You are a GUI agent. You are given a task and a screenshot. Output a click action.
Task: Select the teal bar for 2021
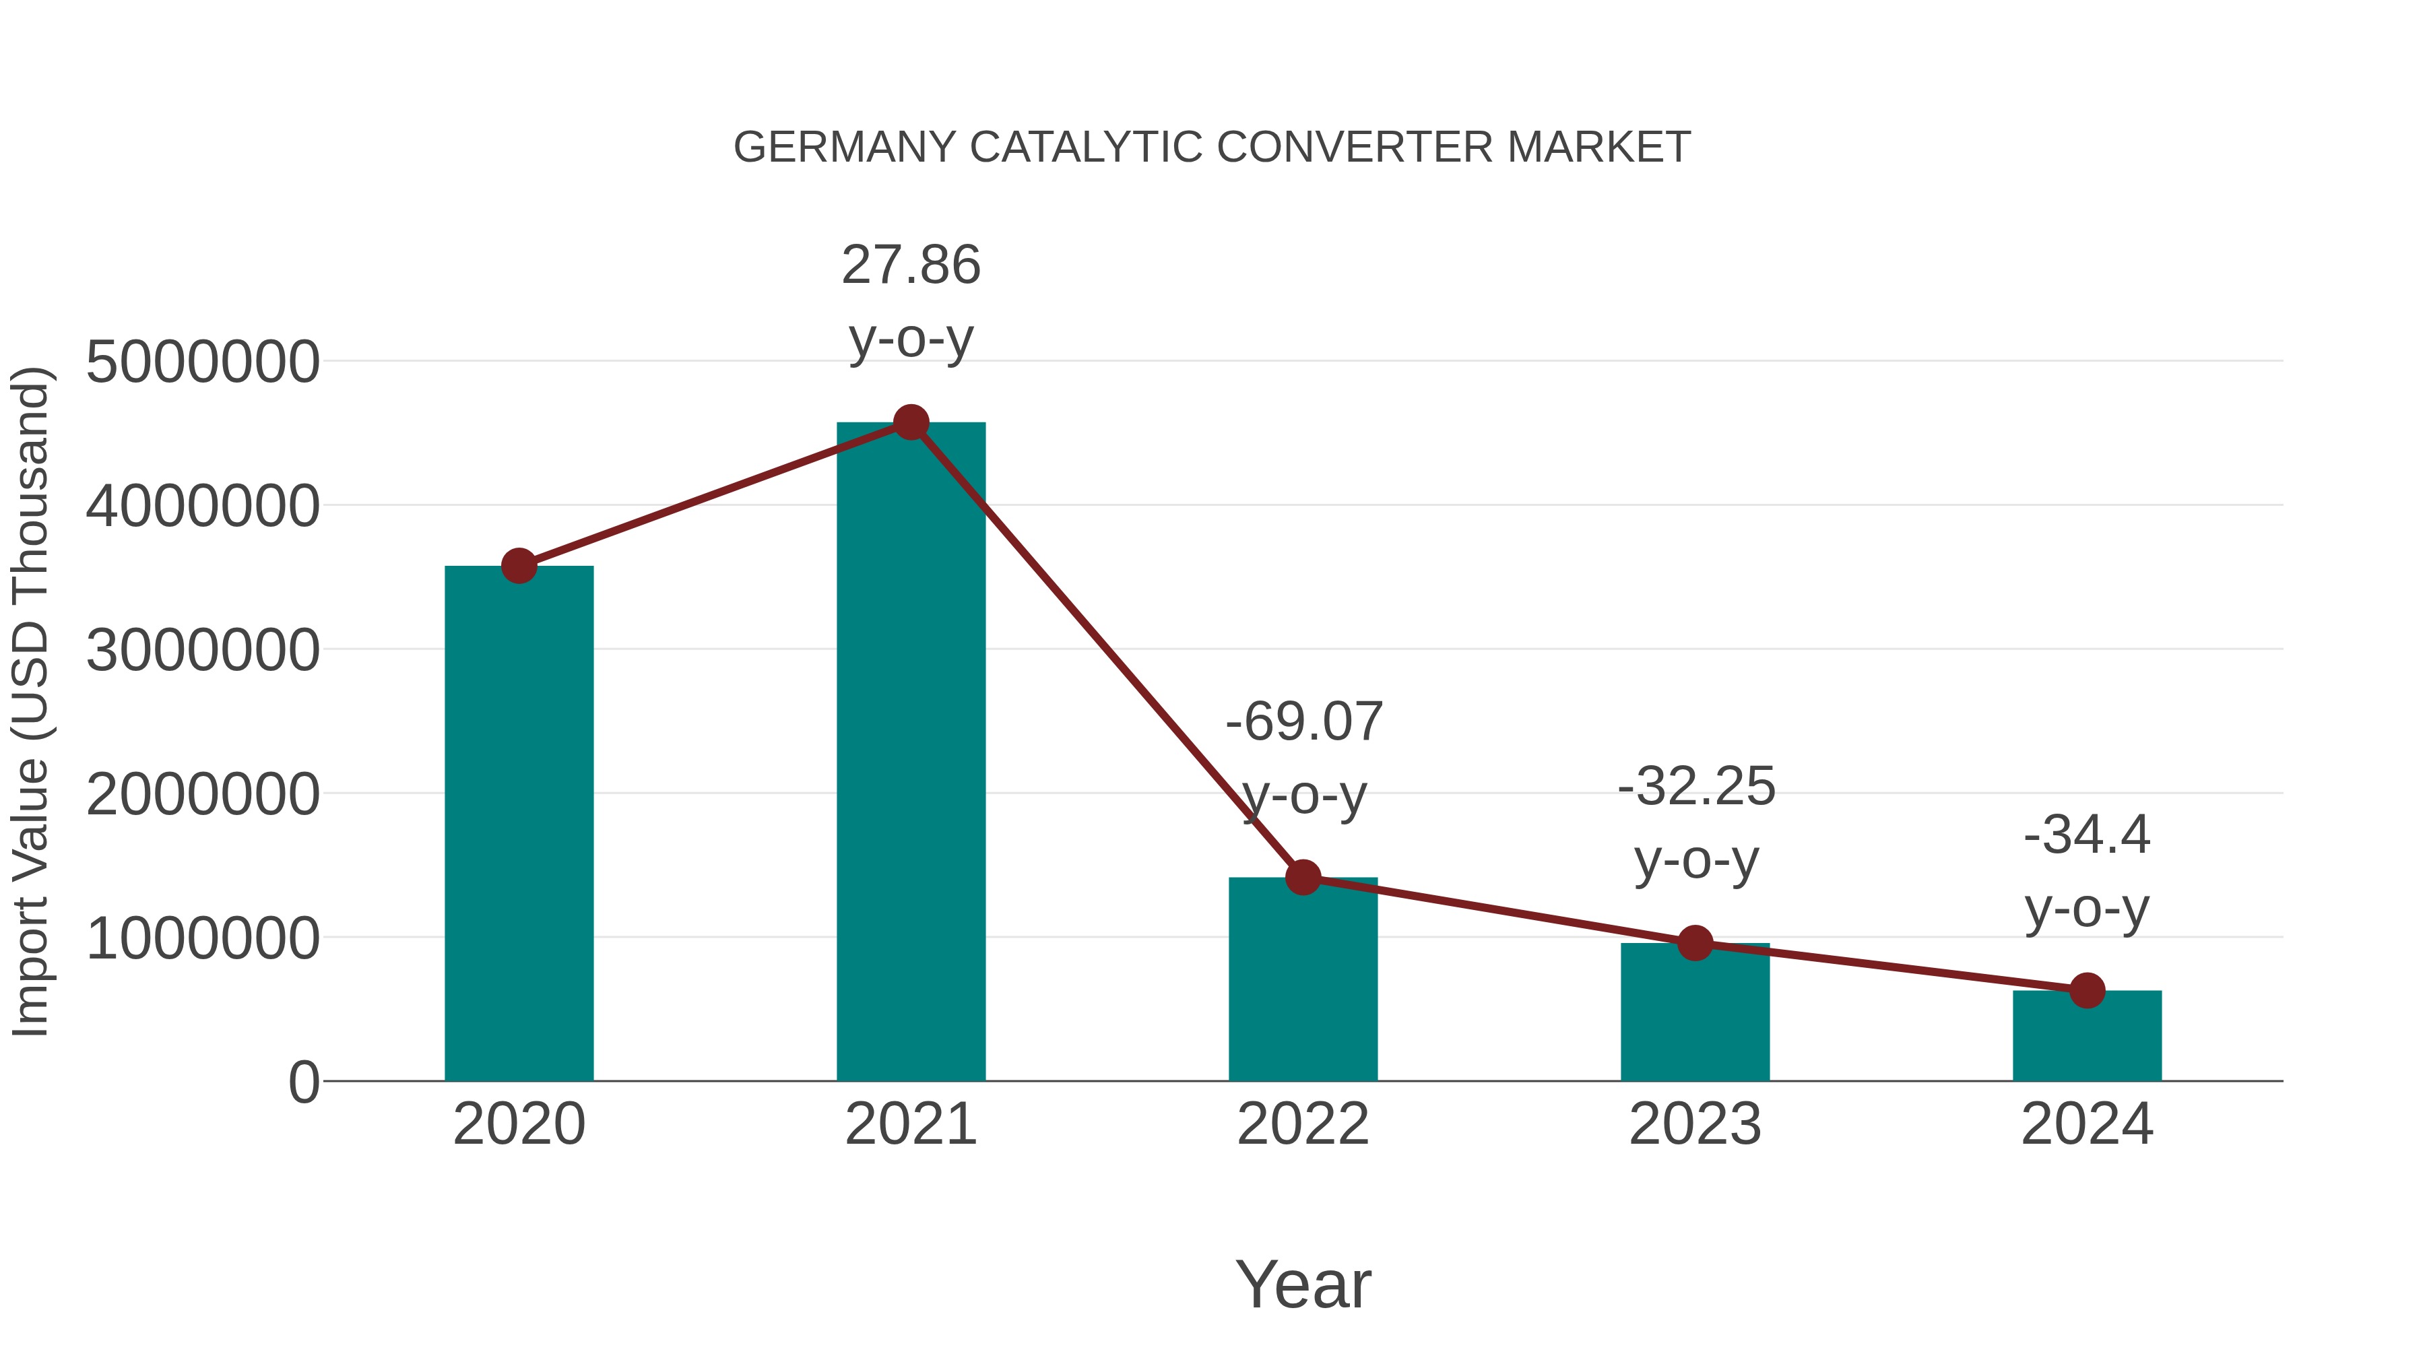coord(910,753)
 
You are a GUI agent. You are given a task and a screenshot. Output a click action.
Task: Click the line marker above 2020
coord(519,566)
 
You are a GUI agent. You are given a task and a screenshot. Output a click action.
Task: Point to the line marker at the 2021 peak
coord(910,422)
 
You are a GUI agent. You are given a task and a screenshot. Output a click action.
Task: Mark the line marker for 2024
coord(2087,990)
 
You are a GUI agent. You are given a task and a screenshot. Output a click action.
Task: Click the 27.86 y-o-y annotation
coord(910,301)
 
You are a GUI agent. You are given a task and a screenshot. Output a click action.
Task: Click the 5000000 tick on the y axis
coord(202,362)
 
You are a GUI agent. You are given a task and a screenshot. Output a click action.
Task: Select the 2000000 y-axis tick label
coord(202,795)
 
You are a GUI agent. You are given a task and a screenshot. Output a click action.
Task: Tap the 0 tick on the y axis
coord(303,1082)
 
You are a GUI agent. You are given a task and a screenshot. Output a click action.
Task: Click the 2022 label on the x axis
coord(1303,1124)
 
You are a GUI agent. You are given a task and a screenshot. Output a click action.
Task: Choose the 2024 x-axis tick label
coord(2087,1124)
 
